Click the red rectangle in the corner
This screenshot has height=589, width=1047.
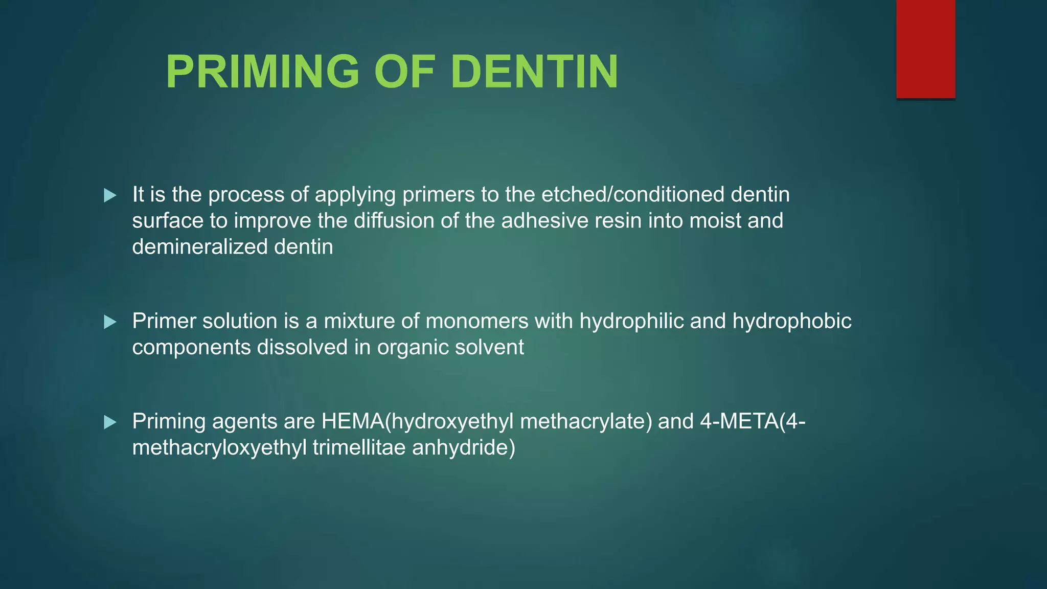(x=925, y=49)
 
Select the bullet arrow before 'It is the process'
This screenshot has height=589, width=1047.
(x=110, y=195)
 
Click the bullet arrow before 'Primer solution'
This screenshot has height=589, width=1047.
(x=110, y=322)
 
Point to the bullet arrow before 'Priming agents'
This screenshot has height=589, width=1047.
(x=110, y=422)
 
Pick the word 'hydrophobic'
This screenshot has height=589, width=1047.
(x=792, y=321)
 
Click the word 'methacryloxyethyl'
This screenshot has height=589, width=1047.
(x=219, y=448)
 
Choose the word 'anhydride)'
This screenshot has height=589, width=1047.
(x=464, y=448)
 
